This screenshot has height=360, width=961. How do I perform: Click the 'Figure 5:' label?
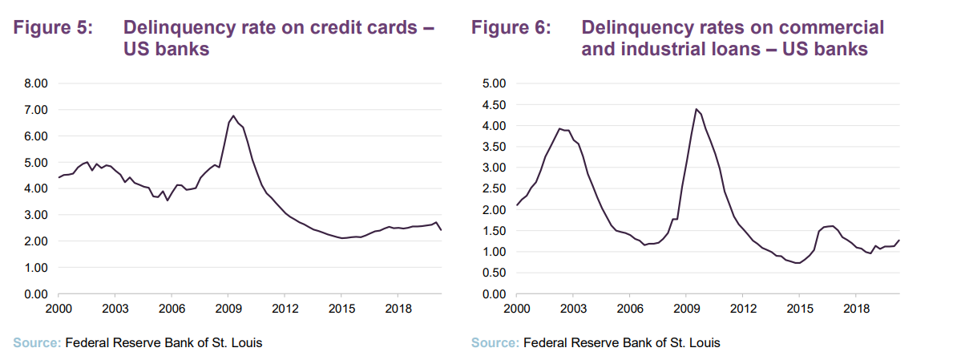[x=54, y=27]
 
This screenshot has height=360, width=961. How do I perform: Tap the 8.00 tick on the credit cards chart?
[x=37, y=83]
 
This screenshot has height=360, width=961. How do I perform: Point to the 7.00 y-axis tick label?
[x=37, y=109]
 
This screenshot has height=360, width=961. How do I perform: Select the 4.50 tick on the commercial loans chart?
[x=494, y=104]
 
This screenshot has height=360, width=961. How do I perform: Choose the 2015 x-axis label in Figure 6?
[x=799, y=309]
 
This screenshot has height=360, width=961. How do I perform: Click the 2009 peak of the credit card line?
[x=233, y=115]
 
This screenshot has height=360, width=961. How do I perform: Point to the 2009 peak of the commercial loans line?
[x=696, y=109]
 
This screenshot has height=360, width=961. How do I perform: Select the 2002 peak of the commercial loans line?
[x=559, y=128]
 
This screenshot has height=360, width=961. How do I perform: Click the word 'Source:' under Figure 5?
[x=36, y=343]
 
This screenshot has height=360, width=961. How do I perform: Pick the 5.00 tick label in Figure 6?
[x=494, y=83]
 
